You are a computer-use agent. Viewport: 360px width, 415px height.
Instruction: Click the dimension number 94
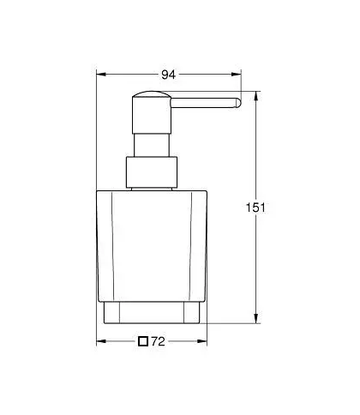pyautogui.click(x=169, y=75)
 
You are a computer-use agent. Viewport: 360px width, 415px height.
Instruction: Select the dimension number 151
pyautogui.click(x=255, y=207)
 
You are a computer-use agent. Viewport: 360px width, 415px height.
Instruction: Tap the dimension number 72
pyautogui.click(x=158, y=341)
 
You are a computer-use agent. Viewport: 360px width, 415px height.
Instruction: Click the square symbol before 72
pyautogui.click(x=143, y=341)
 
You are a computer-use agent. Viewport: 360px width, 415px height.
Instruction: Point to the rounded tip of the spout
pyautogui.click(x=237, y=103)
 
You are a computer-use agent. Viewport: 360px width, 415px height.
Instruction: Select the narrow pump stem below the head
pyautogui.click(x=152, y=145)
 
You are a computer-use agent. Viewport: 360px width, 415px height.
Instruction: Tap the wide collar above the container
pyautogui.click(x=152, y=172)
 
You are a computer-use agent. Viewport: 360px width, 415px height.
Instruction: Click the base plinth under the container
pyautogui.click(x=152, y=313)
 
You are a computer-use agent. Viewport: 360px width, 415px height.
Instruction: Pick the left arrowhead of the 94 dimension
pyautogui.click(x=101, y=75)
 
